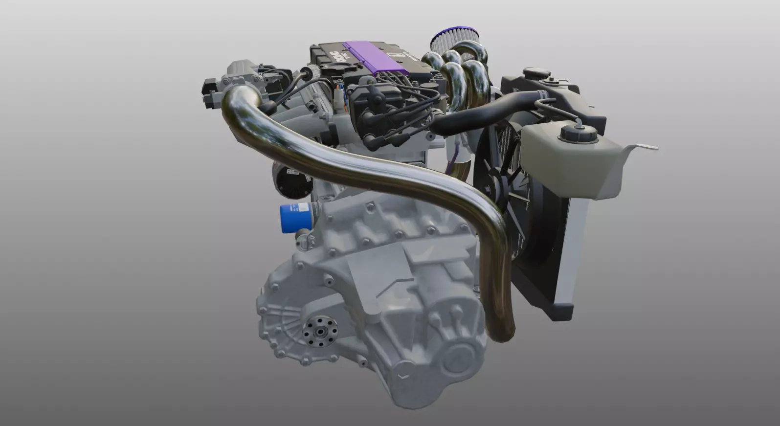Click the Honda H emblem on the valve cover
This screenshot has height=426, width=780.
[x=401, y=55]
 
